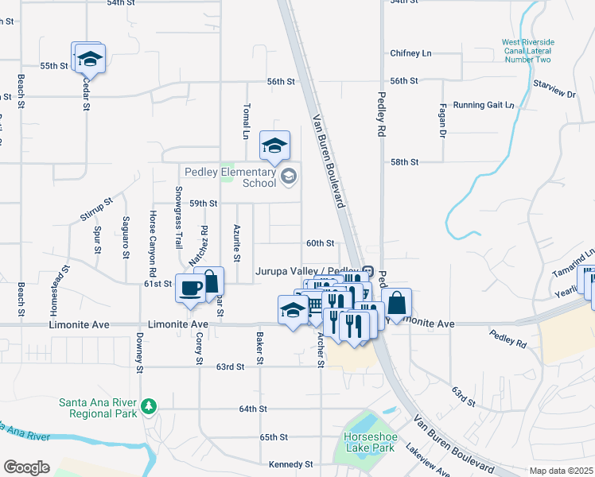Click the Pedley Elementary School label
231,177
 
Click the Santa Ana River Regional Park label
95,408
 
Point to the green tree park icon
147,407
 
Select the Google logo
26,467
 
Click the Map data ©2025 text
561,471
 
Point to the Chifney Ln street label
410,53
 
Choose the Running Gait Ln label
484,105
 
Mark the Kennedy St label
291,464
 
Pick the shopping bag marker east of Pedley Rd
396,304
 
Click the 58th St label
404,162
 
